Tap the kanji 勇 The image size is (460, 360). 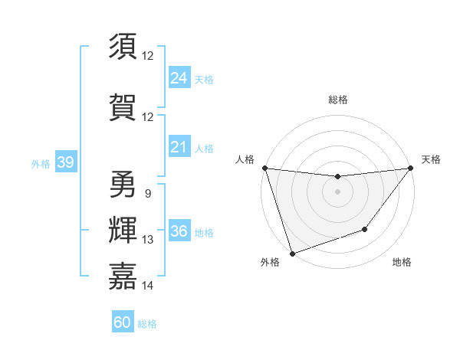[x=123, y=184]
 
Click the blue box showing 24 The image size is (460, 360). [x=179, y=78]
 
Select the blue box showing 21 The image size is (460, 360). [x=179, y=147]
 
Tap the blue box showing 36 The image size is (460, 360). [x=179, y=231]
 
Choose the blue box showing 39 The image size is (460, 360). [x=64, y=162]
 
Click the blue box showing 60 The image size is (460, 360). [x=122, y=322]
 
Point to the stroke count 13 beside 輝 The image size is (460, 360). [x=148, y=240]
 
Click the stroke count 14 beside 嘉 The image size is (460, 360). [x=148, y=286]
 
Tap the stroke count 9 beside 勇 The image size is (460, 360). [x=147, y=193]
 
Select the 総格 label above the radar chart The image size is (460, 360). [x=337, y=100]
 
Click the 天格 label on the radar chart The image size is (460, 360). [x=431, y=159]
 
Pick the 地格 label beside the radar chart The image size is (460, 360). [x=402, y=262]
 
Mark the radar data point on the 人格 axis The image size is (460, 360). [x=264, y=168]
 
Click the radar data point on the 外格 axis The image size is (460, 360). [x=292, y=253]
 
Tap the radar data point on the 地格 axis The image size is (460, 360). [x=365, y=229]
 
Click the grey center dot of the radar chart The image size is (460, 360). [x=337, y=191]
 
